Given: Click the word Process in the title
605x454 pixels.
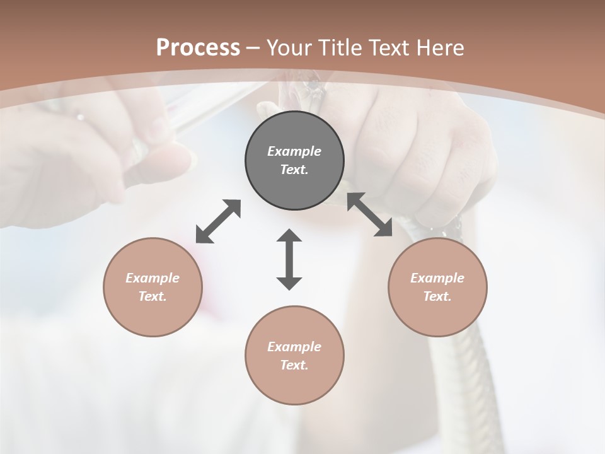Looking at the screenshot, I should point(198,48).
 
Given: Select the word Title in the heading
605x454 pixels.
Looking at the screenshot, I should point(340,48).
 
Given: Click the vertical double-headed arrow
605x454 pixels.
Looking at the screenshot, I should point(289,259).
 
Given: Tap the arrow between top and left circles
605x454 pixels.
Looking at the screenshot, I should point(218,221).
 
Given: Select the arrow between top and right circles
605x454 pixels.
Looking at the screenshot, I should point(370,214).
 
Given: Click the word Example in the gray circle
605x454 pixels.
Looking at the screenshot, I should point(294,151).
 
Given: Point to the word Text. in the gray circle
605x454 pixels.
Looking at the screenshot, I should point(294,170).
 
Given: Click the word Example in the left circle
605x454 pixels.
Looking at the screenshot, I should point(153,278).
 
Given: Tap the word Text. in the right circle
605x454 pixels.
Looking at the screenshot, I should point(437,296).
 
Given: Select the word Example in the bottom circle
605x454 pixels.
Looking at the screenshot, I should point(294,347).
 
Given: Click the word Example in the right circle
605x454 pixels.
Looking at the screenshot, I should point(437,278).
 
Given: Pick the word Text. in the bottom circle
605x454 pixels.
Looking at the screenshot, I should point(294,365).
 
